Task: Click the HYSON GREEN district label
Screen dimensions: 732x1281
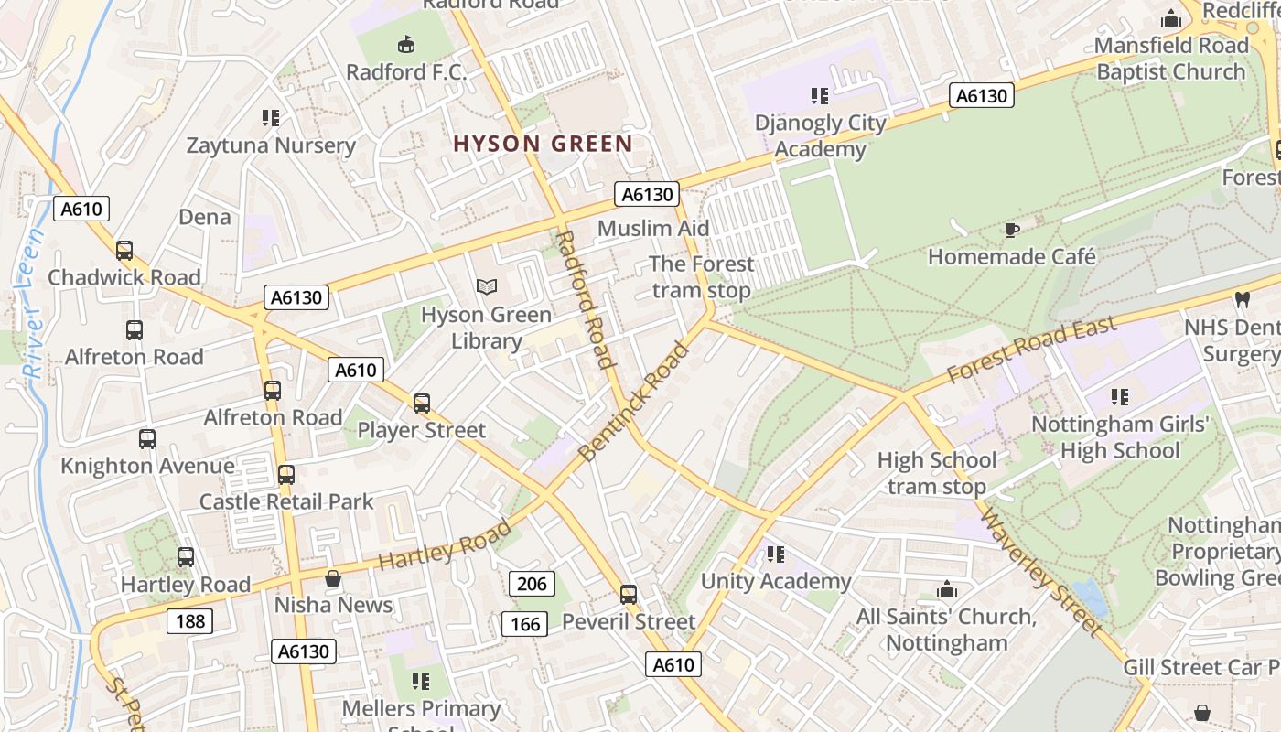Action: pyautogui.click(x=543, y=144)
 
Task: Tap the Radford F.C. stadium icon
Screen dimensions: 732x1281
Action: pyautogui.click(x=406, y=44)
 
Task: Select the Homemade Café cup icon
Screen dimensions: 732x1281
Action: pyautogui.click(x=1011, y=230)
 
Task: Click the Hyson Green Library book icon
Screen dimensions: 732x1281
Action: pyautogui.click(x=487, y=287)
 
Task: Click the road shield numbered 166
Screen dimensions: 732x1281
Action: pyautogui.click(x=524, y=624)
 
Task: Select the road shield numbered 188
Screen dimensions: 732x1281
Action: pyautogui.click(x=190, y=621)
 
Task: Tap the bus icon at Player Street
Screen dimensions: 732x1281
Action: pyautogui.click(x=421, y=403)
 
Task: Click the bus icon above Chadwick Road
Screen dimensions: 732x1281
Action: pyautogui.click(x=124, y=250)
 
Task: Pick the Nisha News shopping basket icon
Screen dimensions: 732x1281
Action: pyautogui.click(x=333, y=578)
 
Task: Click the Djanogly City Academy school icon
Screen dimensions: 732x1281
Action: pyautogui.click(x=819, y=96)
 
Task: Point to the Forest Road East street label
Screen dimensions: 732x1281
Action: pyautogui.click(x=1031, y=350)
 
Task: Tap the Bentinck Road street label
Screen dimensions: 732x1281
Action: pyautogui.click(x=633, y=402)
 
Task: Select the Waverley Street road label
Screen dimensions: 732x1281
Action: pyautogui.click(x=1040, y=573)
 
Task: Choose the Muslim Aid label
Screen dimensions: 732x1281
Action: pyautogui.click(x=652, y=228)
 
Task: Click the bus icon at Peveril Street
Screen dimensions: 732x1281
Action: pyautogui.click(x=628, y=595)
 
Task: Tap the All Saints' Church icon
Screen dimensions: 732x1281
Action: pyautogui.click(x=946, y=590)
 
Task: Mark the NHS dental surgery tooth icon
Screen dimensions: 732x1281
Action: pyautogui.click(x=1242, y=299)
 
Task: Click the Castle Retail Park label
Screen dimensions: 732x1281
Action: pyautogui.click(x=286, y=501)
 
